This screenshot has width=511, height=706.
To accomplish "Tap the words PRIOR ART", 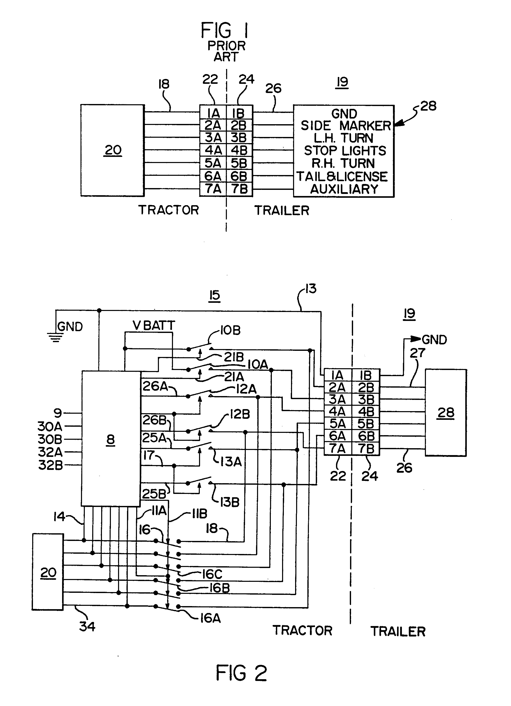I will click(227, 51).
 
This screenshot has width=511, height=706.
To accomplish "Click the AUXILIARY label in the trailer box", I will click(344, 189).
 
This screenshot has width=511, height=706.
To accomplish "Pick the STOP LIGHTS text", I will click(345, 151).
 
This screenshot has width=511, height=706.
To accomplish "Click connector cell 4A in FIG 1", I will click(213, 150).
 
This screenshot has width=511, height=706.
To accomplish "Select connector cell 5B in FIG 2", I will click(366, 424).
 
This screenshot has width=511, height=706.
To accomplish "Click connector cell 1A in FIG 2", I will click(337, 375).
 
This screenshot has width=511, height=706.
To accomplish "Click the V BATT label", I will click(154, 325).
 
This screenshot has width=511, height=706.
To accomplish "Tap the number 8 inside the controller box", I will click(110, 439).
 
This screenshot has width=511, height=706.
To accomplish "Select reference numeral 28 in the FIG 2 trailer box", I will click(446, 413).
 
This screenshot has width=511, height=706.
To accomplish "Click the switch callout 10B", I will click(230, 330).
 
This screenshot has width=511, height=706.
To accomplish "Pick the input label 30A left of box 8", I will click(50, 426).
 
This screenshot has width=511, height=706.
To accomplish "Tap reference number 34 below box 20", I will click(87, 626).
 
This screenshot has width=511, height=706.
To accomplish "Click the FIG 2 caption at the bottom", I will click(241, 673).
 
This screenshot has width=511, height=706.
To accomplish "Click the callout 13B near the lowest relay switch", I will click(230, 502).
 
